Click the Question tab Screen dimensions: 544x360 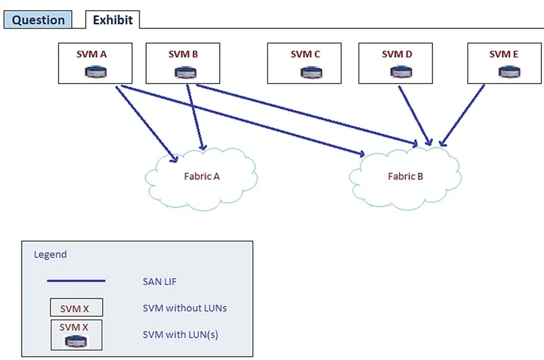tap(38, 20)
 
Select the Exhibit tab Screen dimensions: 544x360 tap(113, 20)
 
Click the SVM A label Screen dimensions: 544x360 tap(91, 54)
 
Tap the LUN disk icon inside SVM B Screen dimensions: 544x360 tap(185, 72)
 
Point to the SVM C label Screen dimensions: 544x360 tap(305, 54)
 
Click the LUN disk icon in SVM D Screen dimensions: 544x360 tap(401, 72)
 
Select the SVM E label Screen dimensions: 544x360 tap(504, 54)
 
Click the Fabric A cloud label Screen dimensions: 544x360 tap(202, 177)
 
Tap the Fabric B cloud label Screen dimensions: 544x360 tap(405, 177)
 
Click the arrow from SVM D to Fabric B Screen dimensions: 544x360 tap(415, 116)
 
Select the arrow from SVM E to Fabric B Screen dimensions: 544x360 tap(461, 116)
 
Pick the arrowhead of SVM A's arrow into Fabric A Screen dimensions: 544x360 tap(174, 159)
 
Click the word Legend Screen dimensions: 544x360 tap(50, 254)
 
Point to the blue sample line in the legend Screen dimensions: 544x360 tap(76, 281)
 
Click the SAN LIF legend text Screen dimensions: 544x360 tap(160, 282)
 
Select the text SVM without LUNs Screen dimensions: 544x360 tap(185, 308)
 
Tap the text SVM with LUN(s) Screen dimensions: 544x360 tap(181, 335)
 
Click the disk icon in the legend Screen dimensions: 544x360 tap(76, 341)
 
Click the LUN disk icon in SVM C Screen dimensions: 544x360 tap(311, 72)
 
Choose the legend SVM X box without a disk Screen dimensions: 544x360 tap(76, 307)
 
